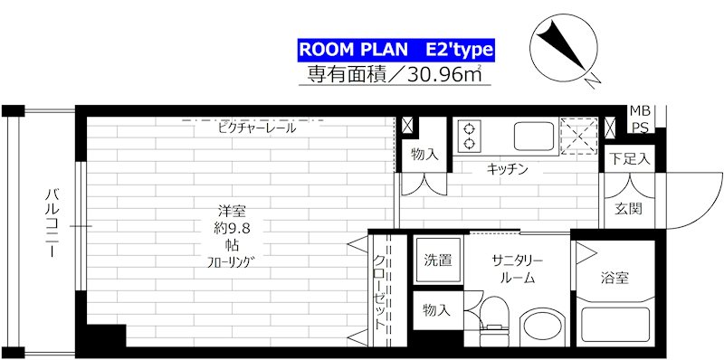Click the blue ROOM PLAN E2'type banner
395,51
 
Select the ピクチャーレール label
257,128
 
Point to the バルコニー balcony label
51,223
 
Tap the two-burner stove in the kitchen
469,137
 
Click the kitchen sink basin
533,137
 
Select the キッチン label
508,169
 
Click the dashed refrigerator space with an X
578,137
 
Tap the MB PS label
641,119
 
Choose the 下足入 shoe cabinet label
631,160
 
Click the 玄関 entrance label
628,209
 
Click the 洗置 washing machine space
438,261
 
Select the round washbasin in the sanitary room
543,328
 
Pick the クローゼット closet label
379,291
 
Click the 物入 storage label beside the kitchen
424,155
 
